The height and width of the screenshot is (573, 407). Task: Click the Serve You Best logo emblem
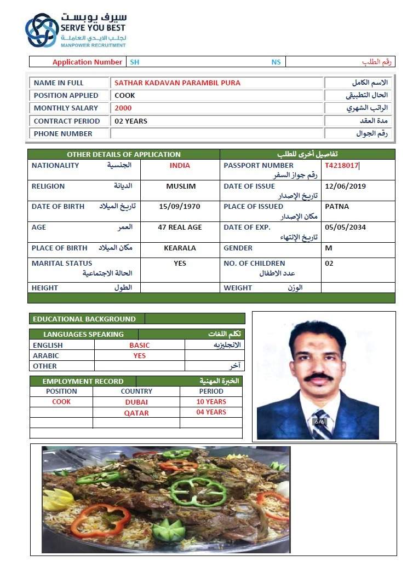tap(42, 31)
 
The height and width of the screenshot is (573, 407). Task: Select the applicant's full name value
tap(177, 83)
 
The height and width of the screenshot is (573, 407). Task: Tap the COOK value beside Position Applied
tap(125, 96)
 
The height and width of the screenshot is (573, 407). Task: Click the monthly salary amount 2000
tap(123, 108)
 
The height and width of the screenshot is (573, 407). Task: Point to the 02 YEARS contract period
tap(131, 121)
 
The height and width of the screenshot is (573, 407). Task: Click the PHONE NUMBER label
tap(63, 134)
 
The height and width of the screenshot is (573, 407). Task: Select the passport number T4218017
tap(341, 165)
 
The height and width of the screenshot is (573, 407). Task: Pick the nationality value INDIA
tap(180, 166)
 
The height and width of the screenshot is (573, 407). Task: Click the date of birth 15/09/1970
tap(180, 207)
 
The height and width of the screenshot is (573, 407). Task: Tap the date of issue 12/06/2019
tap(345, 186)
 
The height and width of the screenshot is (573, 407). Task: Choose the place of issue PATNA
tap(337, 207)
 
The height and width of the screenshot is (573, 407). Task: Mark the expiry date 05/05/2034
tap(345, 227)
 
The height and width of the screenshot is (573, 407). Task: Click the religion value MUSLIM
tap(181, 186)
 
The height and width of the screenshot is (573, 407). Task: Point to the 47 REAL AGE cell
tap(180, 227)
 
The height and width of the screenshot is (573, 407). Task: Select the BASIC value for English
tap(139, 346)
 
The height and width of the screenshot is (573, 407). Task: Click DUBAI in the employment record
tap(136, 402)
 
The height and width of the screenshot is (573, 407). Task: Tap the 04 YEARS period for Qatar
tap(211, 412)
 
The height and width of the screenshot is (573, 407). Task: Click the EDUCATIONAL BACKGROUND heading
tap(84, 319)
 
